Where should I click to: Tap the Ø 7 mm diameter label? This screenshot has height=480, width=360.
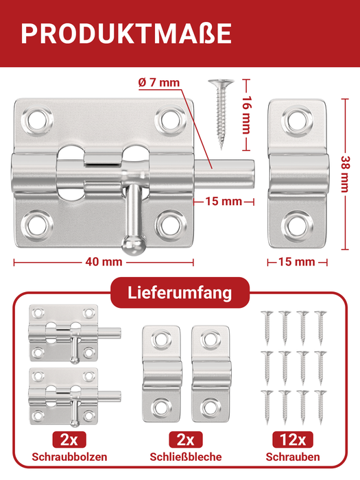158,83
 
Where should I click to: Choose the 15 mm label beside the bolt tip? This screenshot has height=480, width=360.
224,201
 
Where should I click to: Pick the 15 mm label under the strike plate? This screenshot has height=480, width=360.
297,261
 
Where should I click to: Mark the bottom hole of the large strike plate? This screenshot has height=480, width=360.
297,224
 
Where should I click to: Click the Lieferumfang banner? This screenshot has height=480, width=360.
180,293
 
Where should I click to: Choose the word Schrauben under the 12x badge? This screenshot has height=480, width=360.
293,457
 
